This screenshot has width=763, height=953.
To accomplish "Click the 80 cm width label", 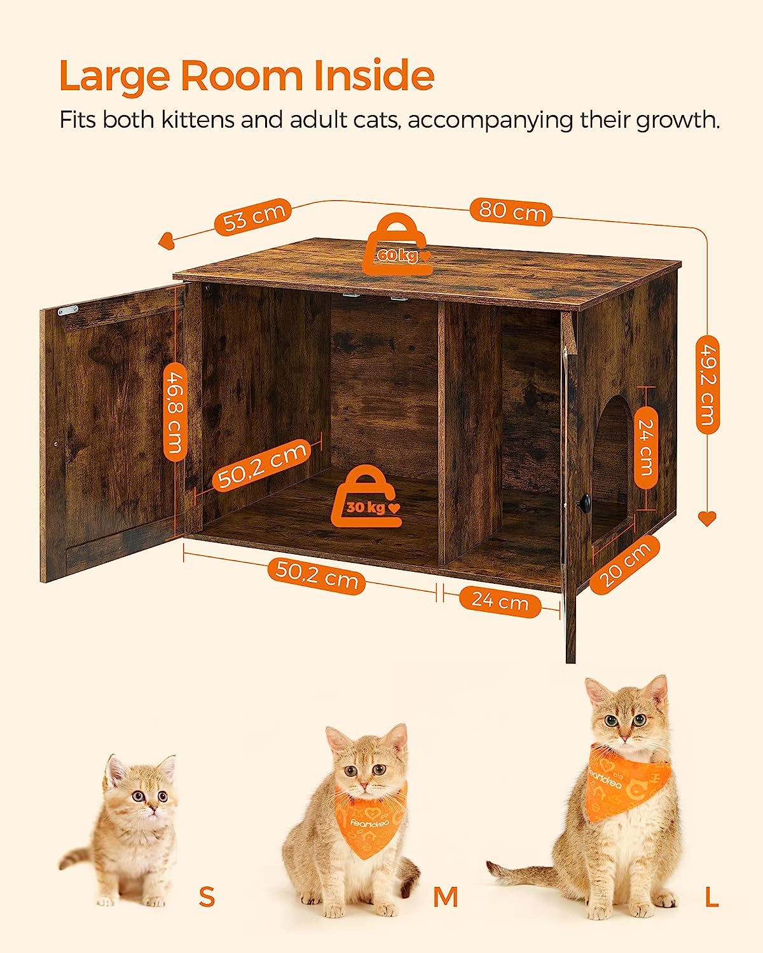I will click(x=511, y=210).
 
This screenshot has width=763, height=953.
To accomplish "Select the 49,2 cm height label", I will click(x=707, y=384).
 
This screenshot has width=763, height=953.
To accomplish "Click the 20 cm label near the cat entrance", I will click(x=624, y=565).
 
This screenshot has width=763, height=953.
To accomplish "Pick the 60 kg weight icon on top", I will click(x=398, y=247).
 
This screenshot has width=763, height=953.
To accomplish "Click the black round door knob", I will click(x=581, y=503).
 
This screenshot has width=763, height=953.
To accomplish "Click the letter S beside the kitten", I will click(x=207, y=896).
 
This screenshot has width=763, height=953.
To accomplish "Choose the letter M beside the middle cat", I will click(x=446, y=896).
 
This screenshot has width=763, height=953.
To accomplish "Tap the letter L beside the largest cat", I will click(x=711, y=896).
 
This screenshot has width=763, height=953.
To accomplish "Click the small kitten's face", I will click(x=144, y=794).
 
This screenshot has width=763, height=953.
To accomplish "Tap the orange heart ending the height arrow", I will click(x=707, y=519).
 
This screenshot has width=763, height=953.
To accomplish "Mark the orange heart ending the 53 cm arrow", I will click(x=166, y=241).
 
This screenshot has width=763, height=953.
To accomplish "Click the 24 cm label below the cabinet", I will click(x=500, y=600).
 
